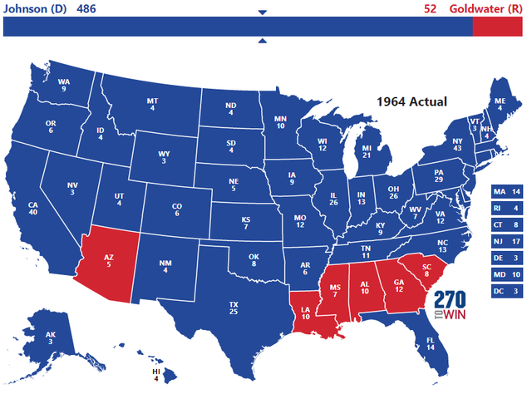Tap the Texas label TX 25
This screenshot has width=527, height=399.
click(x=234, y=308)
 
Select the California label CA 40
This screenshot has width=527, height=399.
click(x=33, y=208)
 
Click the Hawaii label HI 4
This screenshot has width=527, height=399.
click(x=155, y=376)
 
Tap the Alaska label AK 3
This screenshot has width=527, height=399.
click(x=50, y=337)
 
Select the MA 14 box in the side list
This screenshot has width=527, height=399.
click(x=507, y=191)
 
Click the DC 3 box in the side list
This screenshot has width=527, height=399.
click(x=507, y=291)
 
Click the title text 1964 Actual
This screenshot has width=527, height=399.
click(x=411, y=101)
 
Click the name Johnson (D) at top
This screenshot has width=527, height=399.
click(x=36, y=9)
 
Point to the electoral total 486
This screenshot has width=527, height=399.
click(x=87, y=9)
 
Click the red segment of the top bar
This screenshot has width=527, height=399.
click(x=498, y=27)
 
